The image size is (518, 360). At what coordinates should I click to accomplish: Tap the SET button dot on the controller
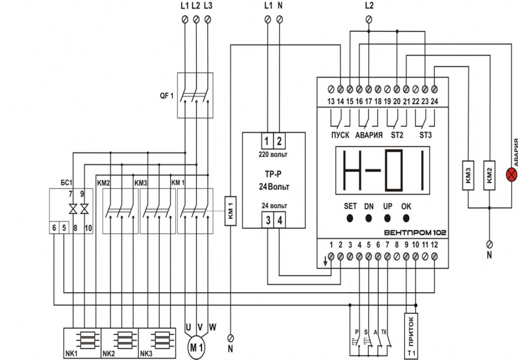350,219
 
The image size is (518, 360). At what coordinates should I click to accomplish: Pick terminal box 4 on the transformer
280,220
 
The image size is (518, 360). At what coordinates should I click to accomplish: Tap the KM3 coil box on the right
467,175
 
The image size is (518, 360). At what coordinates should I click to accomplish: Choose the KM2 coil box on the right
489,175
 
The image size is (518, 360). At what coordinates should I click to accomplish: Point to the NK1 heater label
71,353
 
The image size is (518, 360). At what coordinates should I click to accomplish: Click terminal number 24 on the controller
434,101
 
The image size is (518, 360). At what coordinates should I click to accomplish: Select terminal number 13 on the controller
331,101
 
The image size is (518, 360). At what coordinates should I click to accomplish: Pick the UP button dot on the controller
387,219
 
